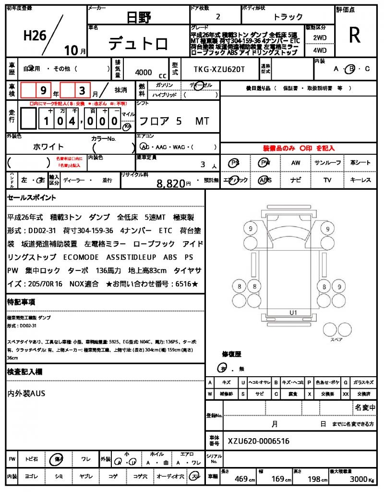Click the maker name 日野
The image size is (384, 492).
click(x=138, y=18)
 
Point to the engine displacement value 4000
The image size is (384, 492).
click(x=144, y=72)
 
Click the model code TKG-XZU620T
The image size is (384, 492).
click(x=219, y=69)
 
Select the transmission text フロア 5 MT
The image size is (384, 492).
click(x=173, y=121)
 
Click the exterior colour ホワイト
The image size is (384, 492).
click(x=48, y=147)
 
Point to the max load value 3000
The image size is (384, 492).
click(x=360, y=479)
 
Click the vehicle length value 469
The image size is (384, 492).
click(x=240, y=479)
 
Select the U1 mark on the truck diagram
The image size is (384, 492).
click(x=293, y=313)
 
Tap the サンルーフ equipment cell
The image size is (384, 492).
click(x=327, y=163)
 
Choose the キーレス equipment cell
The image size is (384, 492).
click(x=360, y=180)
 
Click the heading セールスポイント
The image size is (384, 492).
click(x=31, y=197)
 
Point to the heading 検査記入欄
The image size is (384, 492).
click(x=24, y=372)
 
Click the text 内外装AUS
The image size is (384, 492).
click(x=26, y=394)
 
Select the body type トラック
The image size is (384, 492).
click(x=288, y=17)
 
